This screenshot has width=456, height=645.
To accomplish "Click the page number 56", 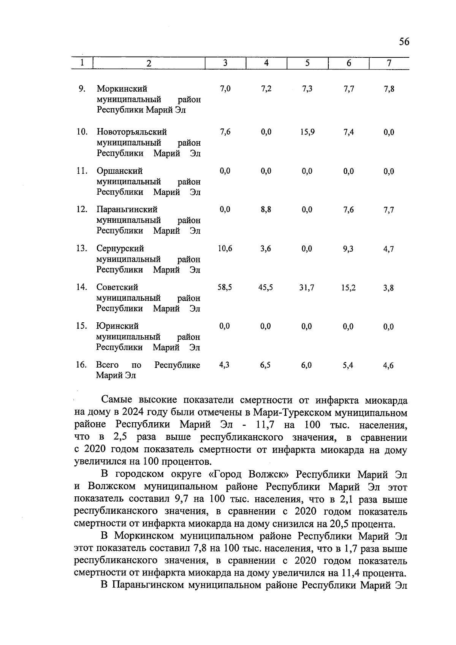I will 404,42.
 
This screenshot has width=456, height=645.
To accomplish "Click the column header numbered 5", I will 307,63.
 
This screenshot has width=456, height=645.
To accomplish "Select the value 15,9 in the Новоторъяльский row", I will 307,132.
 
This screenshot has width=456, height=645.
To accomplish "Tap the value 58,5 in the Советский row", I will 225,288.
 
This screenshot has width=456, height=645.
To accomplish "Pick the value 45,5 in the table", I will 266,288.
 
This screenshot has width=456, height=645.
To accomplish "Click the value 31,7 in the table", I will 307,288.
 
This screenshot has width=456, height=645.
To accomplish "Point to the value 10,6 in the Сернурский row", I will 225,249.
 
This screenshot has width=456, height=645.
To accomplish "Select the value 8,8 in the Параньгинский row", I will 266,209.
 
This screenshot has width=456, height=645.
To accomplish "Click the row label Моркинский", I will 122,89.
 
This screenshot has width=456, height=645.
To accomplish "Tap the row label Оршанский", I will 119,171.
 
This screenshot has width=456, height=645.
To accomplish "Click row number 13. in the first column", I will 82,249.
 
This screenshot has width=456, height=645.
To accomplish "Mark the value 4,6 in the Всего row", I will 388,366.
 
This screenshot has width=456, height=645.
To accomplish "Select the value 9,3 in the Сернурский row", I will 348,249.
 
